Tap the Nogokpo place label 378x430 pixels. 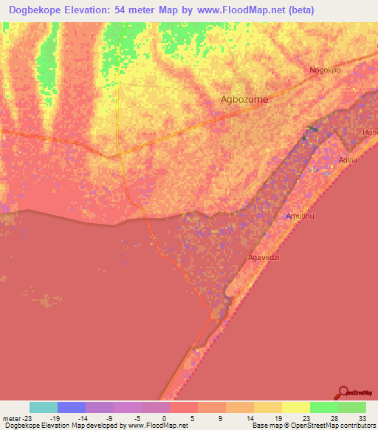coord(325,70)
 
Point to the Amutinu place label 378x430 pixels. coord(300,216)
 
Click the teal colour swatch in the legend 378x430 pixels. coord(44,407)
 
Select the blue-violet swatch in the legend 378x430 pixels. coord(72,407)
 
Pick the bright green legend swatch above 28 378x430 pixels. coord(324,407)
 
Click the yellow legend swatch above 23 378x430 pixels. coord(296,407)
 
